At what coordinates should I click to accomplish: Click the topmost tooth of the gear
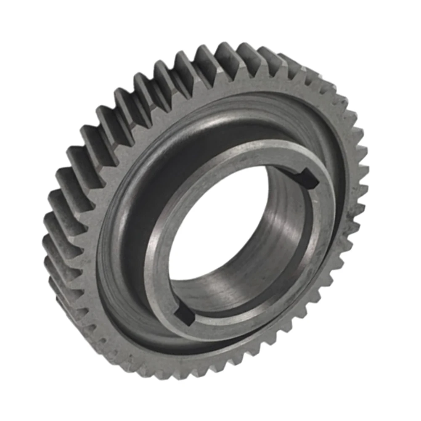pyautogui.click(x=227, y=53)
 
